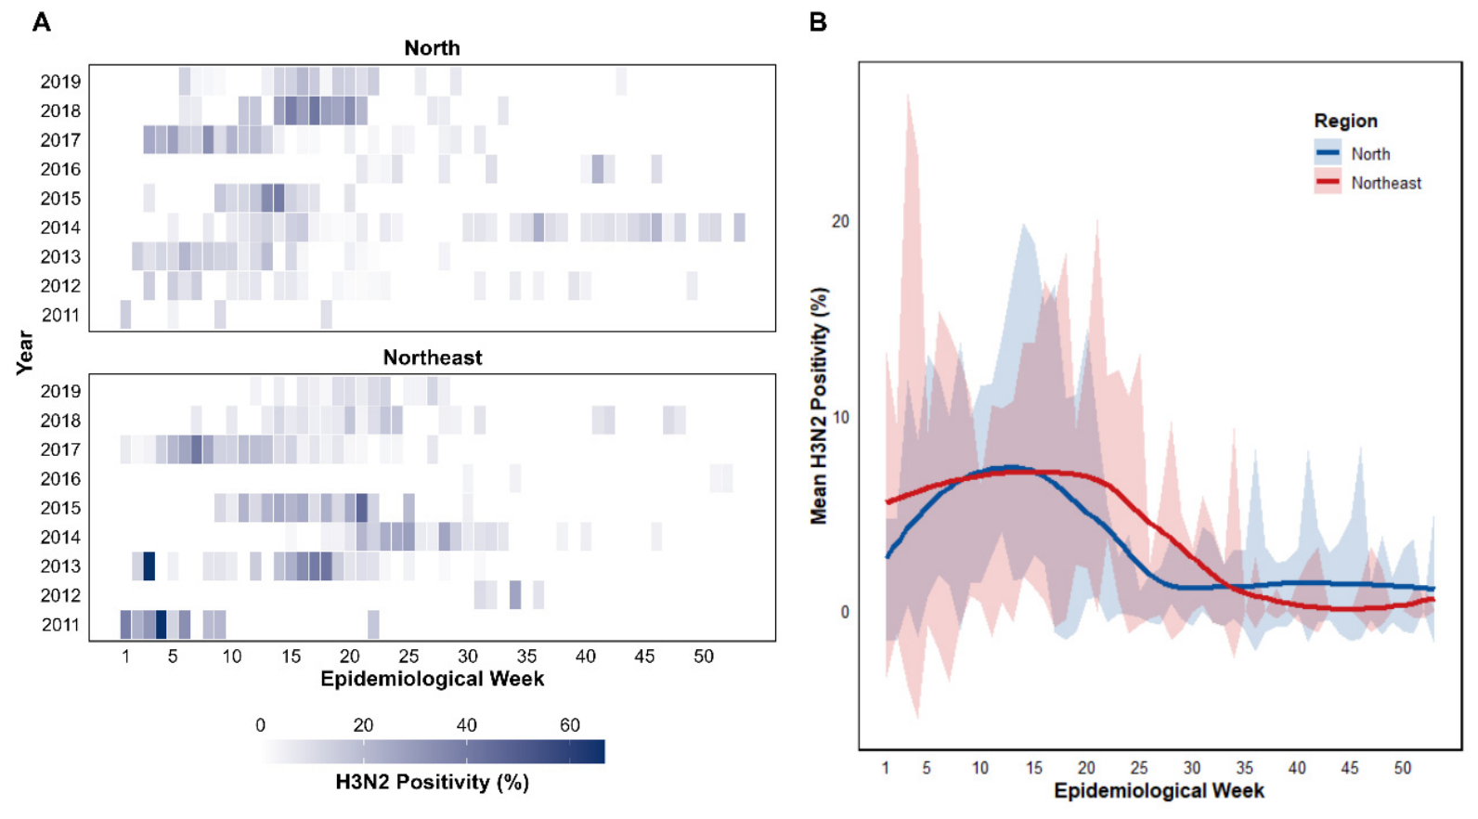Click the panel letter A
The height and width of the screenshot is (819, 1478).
(x=42, y=22)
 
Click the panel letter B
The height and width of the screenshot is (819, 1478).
(x=818, y=22)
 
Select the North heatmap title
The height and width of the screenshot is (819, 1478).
(x=433, y=48)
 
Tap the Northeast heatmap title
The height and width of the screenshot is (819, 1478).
(x=433, y=357)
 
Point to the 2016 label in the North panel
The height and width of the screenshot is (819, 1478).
(x=60, y=170)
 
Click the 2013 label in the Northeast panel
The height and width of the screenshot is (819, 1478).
(x=60, y=566)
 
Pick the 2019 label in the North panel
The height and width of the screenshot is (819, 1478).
(x=60, y=82)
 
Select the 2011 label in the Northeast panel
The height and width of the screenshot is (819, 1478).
(x=60, y=625)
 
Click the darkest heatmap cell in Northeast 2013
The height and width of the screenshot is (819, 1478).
(x=149, y=566)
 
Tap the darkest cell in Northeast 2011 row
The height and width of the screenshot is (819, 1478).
(x=161, y=625)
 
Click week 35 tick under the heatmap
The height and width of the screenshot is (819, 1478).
(x=526, y=656)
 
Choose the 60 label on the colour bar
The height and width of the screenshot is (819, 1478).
(x=569, y=725)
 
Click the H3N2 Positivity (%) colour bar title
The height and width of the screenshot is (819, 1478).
(x=433, y=783)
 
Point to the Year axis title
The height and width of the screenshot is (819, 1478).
(x=24, y=353)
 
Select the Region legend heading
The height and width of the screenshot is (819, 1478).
(x=1345, y=122)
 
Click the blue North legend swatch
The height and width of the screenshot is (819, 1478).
(x=1328, y=153)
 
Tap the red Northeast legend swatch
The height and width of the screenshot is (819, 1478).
(x=1328, y=181)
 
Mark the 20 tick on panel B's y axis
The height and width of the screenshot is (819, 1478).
(x=840, y=222)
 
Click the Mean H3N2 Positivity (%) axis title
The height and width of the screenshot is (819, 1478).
(x=819, y=406)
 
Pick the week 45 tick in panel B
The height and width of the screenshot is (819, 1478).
(x=1349, y=768)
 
